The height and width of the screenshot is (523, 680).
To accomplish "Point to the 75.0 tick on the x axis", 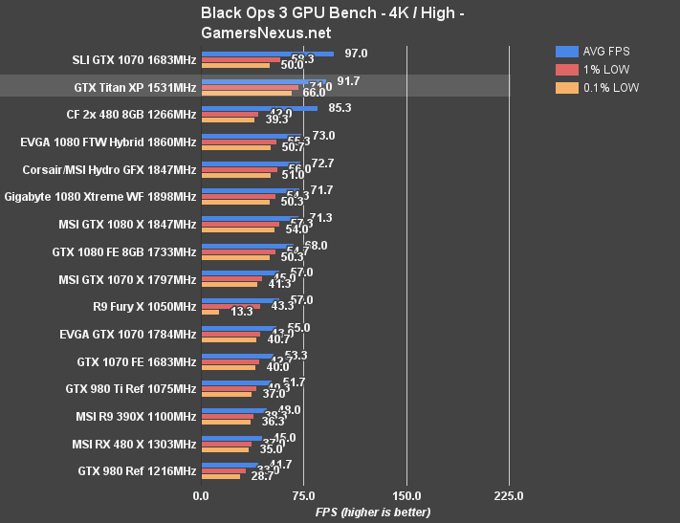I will (303, 496).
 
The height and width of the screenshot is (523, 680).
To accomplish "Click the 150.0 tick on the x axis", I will (406, 496).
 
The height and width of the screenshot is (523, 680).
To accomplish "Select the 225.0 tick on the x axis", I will (509, 496).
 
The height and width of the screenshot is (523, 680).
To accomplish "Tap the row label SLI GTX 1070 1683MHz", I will (134, 60).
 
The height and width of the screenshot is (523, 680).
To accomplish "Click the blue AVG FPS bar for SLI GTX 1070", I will (267, 54).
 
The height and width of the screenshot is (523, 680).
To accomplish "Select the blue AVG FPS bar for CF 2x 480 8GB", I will (258, 109).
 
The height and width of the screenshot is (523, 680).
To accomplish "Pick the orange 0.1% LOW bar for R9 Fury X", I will (209, 313).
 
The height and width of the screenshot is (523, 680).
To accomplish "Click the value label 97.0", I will (357, 54).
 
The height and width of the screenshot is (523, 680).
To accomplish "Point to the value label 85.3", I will (340, 108).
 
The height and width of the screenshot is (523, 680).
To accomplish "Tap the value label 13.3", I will (242, 312).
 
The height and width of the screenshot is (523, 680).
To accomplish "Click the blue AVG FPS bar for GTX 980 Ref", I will (229, 466).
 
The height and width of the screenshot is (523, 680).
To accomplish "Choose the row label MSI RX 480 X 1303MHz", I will (134, 445).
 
